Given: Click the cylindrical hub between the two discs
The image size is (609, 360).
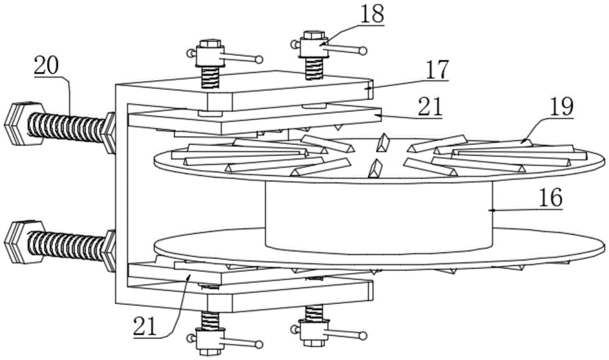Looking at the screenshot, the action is [378, 216].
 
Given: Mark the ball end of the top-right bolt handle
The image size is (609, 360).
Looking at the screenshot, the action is [364, 51].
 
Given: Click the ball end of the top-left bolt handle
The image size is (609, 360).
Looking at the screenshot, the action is [259, 59].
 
